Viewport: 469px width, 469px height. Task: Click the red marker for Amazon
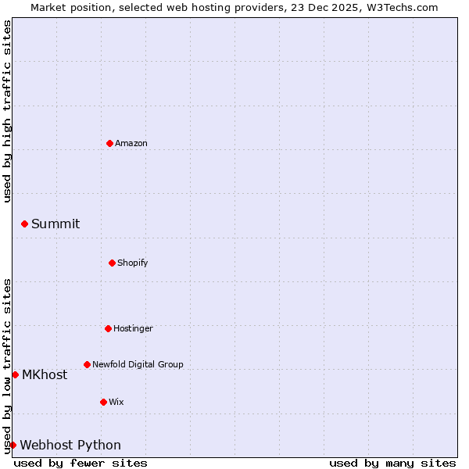point(109,143)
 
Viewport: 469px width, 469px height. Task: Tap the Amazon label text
point(131,144)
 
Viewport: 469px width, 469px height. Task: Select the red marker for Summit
point(24,224)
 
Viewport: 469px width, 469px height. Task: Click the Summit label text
point(55,224)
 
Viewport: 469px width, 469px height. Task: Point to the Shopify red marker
point(112,263)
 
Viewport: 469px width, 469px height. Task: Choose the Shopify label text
point(133,263)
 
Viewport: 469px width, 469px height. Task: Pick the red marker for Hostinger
point(108,328)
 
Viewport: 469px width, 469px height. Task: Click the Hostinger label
point(133,329)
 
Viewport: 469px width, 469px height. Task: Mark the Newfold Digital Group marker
point(87,364)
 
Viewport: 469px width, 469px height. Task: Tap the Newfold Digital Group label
point(138,365)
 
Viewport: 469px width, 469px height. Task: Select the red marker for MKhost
point(15,374)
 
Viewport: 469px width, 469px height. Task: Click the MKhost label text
point(45,375)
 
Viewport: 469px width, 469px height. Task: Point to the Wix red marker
point(103,402)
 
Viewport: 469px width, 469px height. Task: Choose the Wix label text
point(116,403)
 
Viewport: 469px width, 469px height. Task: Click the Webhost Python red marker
point(13,445)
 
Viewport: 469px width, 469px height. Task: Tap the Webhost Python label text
point(70,446)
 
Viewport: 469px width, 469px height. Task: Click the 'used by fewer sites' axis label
point(81,463)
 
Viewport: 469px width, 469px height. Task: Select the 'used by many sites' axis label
point(392,463)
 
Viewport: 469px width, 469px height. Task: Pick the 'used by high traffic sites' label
point(7,111)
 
